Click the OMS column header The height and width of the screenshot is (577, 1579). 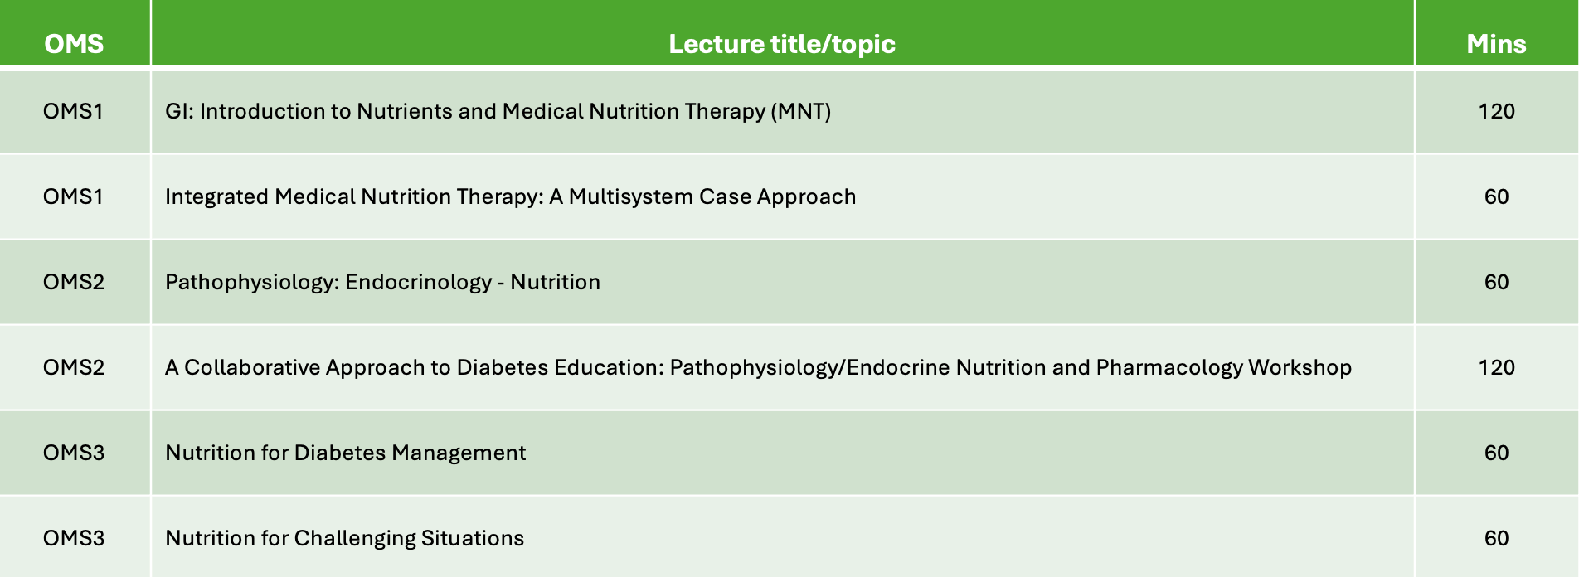pos(74,43)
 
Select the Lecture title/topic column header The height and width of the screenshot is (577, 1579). pos(782,43)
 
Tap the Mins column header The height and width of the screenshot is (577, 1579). pos(1496,43)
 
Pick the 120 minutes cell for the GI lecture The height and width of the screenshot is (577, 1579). pos(1496,111)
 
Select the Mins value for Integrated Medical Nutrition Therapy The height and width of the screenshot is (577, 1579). pos(1496,196)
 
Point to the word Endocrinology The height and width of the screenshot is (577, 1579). pos(418,282)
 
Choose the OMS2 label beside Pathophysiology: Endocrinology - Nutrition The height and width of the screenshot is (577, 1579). pos(74,282)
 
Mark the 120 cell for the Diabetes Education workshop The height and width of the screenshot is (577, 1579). pos(1496,367)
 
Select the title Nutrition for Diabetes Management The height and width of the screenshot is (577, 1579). pos(345,453)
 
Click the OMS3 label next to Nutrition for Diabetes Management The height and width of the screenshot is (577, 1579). pos(74,453)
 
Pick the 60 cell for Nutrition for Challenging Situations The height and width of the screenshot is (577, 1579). pos(1496,538)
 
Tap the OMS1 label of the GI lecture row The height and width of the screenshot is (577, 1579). pos(73,111)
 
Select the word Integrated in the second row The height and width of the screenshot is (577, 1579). pos(216,196)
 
